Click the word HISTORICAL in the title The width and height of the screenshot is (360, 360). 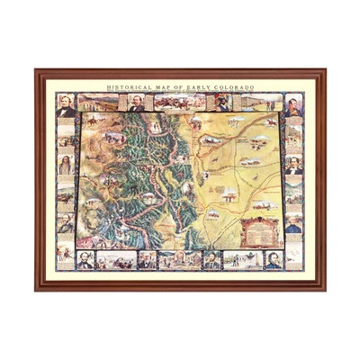126,87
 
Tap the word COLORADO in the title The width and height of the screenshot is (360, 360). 236,87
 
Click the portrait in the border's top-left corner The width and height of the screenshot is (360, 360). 65,104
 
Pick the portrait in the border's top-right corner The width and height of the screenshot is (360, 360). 294,104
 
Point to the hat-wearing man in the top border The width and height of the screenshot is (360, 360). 221,103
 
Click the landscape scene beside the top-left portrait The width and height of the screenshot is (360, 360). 96,102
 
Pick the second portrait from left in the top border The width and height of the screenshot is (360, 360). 137,103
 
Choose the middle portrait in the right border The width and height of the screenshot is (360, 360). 294,165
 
